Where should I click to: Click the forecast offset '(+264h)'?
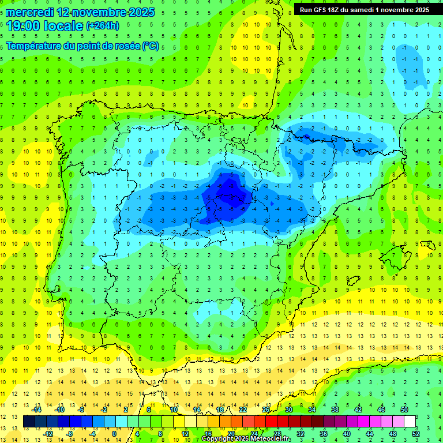click(x=102, y=26)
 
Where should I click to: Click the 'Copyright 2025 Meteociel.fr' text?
click(x=246, y=439)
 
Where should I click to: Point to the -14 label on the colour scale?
click(x=36, y=410)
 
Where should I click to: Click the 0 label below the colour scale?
click(x=114, y=434)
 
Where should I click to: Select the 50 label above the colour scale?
click(x=404, y=410)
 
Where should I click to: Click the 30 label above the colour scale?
click(x=288, y=410)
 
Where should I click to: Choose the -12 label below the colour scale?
click(x=48, y=434)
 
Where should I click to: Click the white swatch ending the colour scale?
click(x=410, y=422)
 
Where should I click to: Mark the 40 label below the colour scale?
click(x=346, y=434)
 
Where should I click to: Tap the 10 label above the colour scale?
click(x=173, y=410)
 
